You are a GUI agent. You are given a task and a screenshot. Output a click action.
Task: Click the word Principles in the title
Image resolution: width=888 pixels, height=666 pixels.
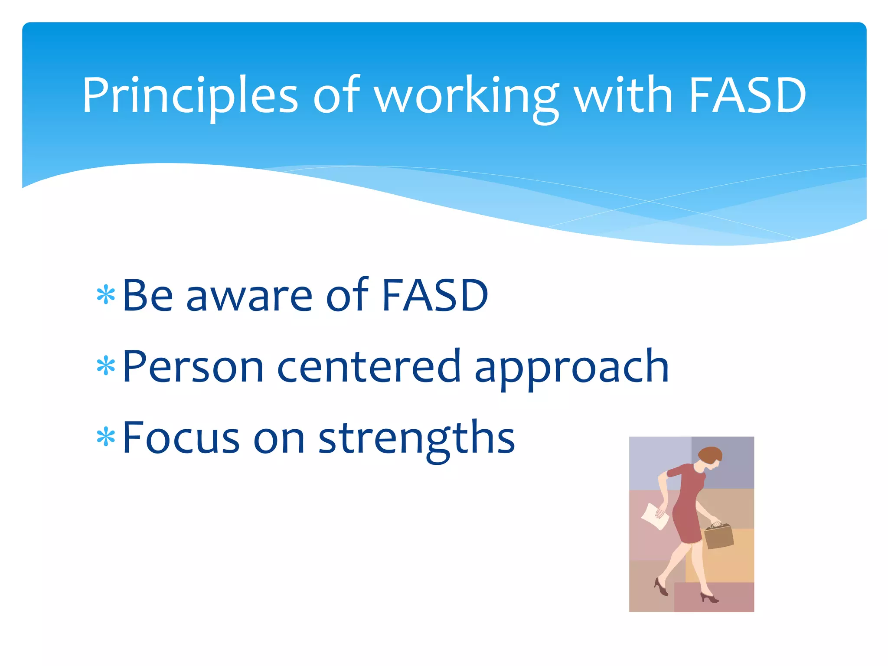tap(189, 95)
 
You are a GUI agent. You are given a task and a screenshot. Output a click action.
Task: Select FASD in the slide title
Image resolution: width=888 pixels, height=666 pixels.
tap(747, 95)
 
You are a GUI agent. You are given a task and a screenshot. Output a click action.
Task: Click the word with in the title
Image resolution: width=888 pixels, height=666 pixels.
tap(624, 95)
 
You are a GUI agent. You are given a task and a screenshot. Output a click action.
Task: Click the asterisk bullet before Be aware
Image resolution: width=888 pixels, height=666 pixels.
tap(106, 296)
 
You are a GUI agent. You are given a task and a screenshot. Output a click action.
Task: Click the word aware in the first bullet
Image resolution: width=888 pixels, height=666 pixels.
tap(249, 297)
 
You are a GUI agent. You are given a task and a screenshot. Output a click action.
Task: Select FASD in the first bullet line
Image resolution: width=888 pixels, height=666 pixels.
tap(435, 296)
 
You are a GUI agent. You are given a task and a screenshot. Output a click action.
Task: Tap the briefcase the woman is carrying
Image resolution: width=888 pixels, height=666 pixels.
tap(718, 537)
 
